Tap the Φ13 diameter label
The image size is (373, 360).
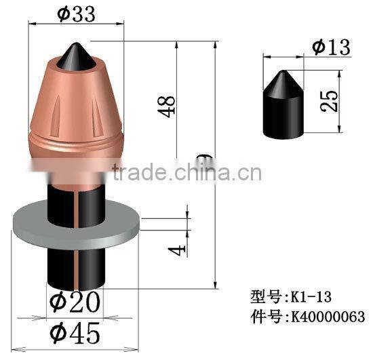[331, 47]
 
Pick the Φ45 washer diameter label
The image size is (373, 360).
[75, 332]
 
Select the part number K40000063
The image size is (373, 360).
[326, 316]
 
